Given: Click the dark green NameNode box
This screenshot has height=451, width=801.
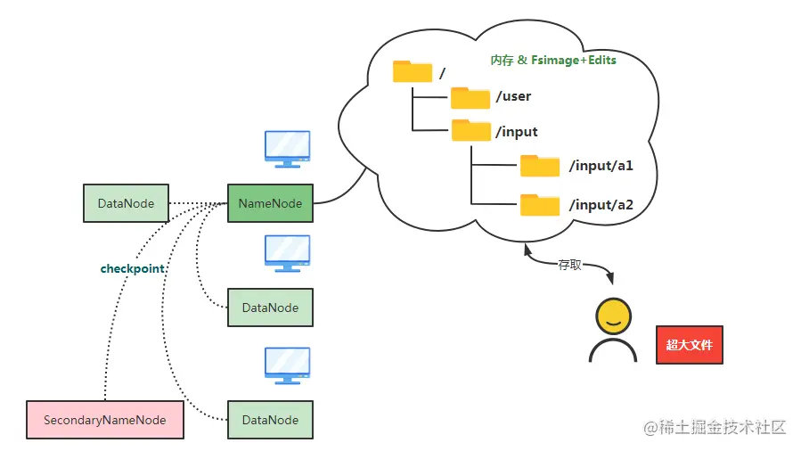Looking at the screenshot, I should click(x=270, y=203).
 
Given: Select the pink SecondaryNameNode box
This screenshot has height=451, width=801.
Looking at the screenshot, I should click(x=105, y=420).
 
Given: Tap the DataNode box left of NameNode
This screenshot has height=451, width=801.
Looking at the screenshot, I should click(x=126, y=203).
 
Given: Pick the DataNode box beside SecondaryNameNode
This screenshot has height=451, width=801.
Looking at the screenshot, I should click(x=270, y=420).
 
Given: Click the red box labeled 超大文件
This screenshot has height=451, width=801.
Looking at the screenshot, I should click(x=689, y=344).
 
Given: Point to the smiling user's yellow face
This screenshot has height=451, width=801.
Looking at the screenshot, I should click(x=612, y=316).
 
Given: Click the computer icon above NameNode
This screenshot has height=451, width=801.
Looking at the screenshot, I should click(x=287, y=149).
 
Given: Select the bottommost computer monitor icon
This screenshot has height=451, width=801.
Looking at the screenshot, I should click(x=287, y=365).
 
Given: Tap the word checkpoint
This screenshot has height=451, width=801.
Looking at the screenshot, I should click(x=134, y=268).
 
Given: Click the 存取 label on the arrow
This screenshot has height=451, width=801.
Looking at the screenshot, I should click(x=569, y=266).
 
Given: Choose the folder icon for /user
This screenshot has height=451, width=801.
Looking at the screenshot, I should click(x=470, y=97).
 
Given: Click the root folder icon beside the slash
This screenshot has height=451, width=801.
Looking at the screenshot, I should click(x=412, y=71).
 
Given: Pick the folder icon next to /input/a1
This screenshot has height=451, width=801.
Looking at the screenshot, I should click(x=540, y=166).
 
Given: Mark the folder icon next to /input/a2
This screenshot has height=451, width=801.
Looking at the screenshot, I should click(x=540, y=205).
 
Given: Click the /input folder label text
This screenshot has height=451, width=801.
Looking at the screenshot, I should click(x=517, y=132).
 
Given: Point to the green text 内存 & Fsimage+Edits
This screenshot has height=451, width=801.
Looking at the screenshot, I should click(x=552, y=61).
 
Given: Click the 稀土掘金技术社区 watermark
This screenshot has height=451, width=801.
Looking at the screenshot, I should click(x=715, y=427).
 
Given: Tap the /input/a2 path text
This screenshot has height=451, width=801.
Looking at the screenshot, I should click(x=601, y=205).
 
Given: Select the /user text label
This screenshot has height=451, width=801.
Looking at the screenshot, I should click(x=513, y=96).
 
